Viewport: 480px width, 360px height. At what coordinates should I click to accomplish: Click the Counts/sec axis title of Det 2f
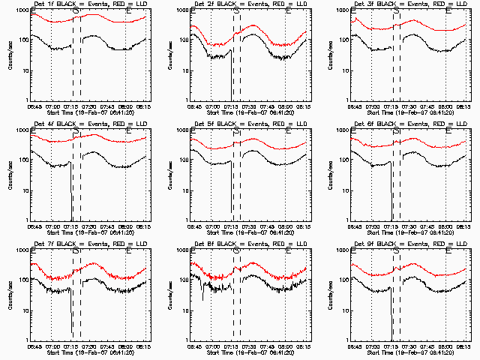pos(170,54)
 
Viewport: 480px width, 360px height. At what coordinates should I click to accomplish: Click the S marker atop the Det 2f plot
pos(237,11)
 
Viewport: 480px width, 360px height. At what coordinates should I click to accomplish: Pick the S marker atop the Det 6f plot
pos(397,131)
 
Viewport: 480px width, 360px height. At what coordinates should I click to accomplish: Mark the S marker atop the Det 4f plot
pos(76,131)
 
